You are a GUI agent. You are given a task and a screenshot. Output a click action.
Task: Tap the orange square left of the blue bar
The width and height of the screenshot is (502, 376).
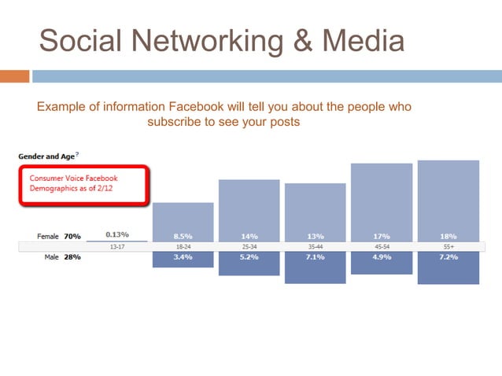click(x=14, y=76)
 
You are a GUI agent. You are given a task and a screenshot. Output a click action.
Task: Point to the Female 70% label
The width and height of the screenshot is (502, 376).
click(x=59, y=235)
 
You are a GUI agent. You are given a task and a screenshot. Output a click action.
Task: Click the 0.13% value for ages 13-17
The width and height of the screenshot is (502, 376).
click(x=116, y=234)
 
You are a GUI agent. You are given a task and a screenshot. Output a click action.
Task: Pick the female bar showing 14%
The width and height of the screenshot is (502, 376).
click(x=249, y=208)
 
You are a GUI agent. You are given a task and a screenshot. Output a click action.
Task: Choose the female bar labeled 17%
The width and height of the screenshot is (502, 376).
click(x=381, y=201)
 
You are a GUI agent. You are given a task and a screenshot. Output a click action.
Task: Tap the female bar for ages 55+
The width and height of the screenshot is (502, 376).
click(x=448, y=199)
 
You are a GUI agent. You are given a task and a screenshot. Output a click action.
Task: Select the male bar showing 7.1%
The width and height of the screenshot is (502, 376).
click(x=315, y=267)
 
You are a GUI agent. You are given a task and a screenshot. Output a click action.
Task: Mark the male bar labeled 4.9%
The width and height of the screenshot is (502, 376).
click(x=381, y=264)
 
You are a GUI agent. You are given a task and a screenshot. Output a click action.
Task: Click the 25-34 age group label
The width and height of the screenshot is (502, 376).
click(x=249, y=246)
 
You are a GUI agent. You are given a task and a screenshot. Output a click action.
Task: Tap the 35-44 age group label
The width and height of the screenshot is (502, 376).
click(x=315, y=246)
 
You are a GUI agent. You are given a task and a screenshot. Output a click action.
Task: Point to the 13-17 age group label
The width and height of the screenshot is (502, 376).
click(x=116, y=246)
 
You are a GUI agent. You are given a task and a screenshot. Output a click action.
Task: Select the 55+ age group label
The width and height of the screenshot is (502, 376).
click(x=448, y=246)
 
